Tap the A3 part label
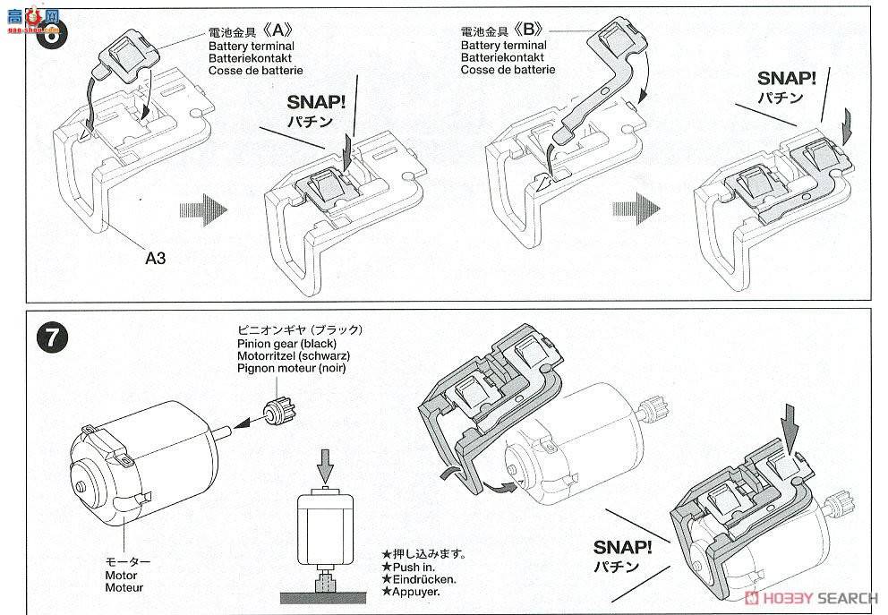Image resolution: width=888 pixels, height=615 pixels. [156, 258]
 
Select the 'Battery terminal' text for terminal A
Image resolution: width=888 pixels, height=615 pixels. [251, 45]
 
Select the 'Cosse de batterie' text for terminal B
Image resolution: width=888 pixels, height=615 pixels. [508, 70]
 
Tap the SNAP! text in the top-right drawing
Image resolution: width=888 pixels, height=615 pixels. [786, 78]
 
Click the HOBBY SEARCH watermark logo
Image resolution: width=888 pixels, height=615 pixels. [813, 597]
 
